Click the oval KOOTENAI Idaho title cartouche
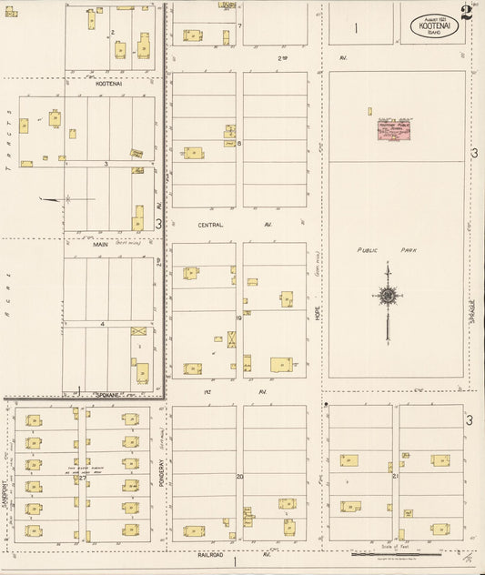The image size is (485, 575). click(432, 26)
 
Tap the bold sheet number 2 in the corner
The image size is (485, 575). click(466, 13)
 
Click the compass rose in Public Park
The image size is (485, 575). click(389, 296)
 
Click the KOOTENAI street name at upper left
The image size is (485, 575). click(108, 83)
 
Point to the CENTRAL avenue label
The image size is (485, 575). click(210, 224)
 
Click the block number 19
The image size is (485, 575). click(238, 318)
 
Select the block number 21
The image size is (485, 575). click(393, 476)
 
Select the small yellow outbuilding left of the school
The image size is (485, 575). click(369, 112)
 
